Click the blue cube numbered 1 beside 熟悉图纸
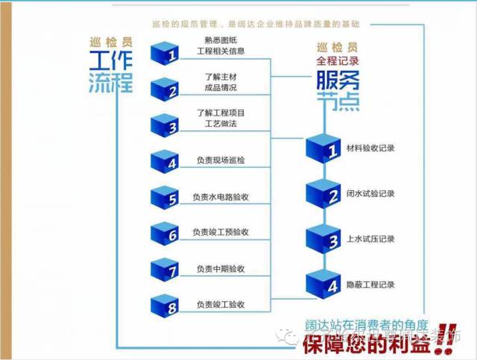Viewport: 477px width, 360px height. (x=167, y=53)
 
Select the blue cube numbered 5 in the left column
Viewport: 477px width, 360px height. (x=167, y=197)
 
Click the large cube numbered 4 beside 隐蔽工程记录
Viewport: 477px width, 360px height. (x=325, y=283)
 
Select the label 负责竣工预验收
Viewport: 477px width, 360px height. (x=221, y=233)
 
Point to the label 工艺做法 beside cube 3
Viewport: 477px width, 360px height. (x=221, y=126)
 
